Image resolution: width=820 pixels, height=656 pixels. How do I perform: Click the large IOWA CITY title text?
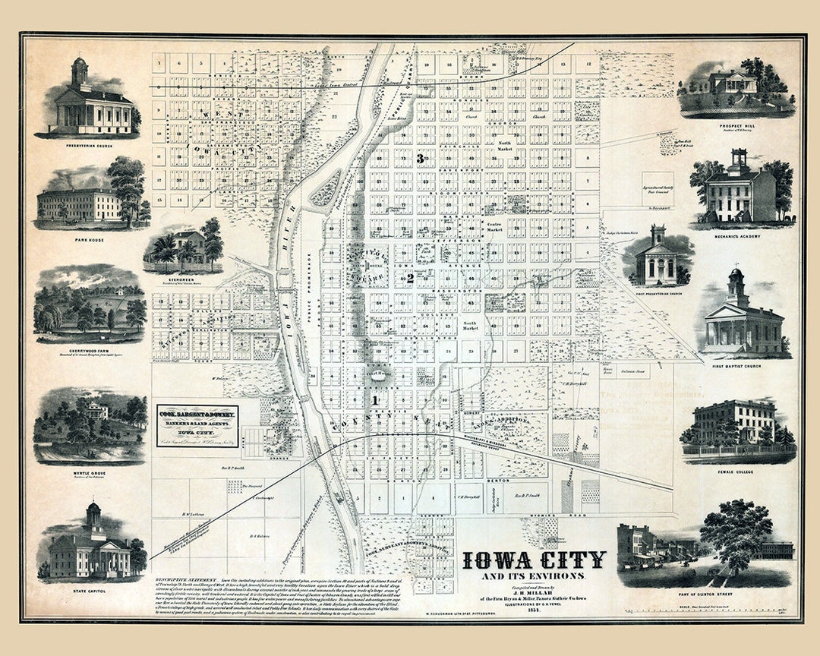click(534, 560)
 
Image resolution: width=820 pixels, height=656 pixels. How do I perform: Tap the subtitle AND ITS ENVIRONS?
click(534, 576)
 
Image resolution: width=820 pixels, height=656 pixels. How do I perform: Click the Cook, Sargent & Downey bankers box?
click(197, 426)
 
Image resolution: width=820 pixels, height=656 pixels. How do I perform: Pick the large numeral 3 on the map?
click(420, 159)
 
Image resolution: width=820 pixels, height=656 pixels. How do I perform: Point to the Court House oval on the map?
click(377, 374)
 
